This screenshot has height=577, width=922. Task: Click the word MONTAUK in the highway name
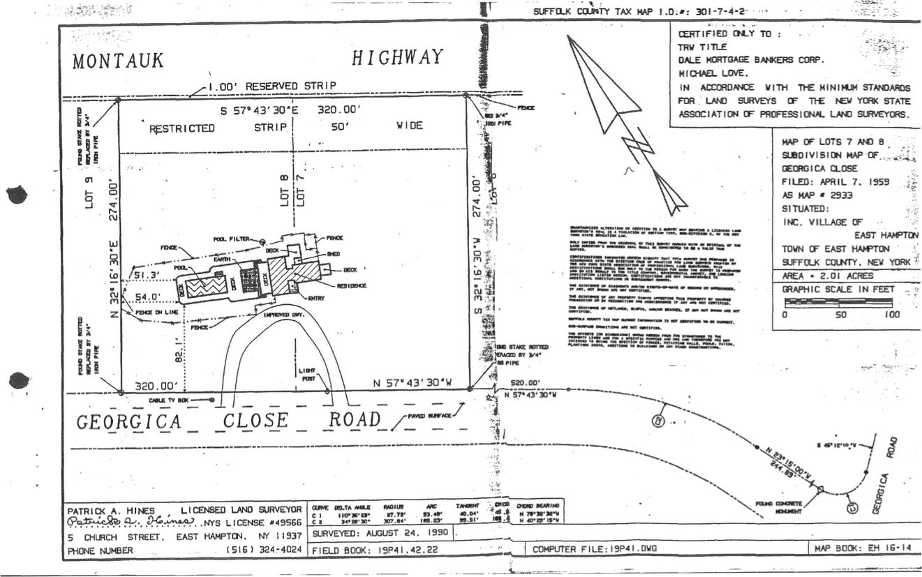point(118,61)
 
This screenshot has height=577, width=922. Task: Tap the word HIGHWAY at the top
point(396,57)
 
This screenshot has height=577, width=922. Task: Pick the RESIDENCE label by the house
point(352,286)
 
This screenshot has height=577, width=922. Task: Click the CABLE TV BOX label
point(169,400)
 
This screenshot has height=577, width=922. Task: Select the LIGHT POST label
point(307,375)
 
